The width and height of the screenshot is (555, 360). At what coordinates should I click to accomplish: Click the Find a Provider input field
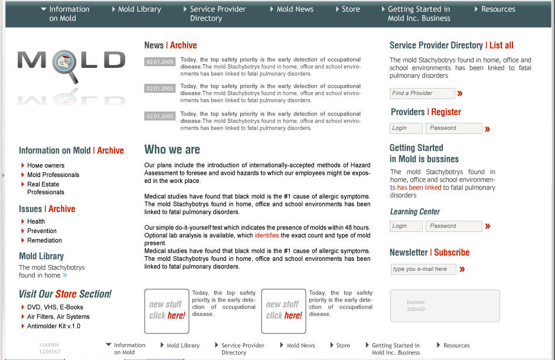coord(422,93)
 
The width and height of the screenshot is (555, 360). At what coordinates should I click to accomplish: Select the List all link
coord(501,45)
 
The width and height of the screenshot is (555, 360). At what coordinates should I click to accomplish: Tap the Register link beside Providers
coord(446,112)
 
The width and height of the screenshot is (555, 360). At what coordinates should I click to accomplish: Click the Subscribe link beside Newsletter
coord(452,253)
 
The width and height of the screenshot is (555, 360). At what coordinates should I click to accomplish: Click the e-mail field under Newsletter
coord(423,269)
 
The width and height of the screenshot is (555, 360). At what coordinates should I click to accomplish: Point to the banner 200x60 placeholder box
coord(445,306)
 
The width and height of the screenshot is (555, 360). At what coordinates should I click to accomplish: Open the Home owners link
coord(45,166)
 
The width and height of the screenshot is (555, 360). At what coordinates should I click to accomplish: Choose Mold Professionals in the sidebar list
coord(53,175)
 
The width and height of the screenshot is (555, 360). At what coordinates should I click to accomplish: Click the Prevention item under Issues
coord(42,231)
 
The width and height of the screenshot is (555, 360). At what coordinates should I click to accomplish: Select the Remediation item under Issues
coord(44,241)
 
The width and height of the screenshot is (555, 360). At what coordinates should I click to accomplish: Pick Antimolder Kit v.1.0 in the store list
coord(54,326)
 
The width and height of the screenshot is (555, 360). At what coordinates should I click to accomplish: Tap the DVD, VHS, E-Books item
coord(55,307)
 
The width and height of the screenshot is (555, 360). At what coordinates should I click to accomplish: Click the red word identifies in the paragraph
coord(266,235)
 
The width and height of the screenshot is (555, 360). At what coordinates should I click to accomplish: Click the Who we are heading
coord(172,150)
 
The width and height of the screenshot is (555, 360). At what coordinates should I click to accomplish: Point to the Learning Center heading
coord(414,212)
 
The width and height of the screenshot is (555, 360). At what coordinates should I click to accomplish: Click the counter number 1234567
coord(50,352)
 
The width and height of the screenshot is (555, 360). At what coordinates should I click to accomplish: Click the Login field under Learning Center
coord(406,226)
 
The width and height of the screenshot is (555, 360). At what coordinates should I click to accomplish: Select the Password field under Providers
coord(453,128)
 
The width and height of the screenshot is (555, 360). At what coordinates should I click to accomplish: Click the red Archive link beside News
coord(183,45)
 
